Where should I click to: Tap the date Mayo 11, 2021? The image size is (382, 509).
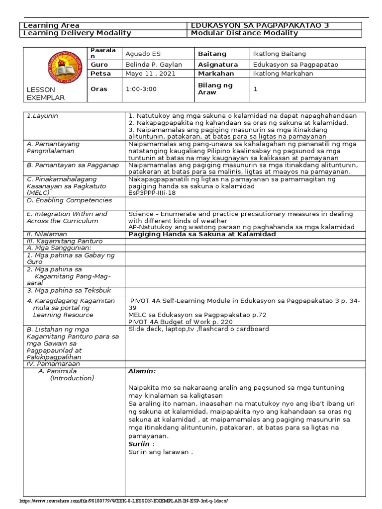144,74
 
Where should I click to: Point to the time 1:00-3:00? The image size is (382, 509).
141,89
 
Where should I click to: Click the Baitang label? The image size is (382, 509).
212,54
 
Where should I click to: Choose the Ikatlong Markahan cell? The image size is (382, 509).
283,74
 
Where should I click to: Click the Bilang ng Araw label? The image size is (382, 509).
216,89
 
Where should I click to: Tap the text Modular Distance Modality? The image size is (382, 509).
244,33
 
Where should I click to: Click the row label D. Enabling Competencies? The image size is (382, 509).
69,200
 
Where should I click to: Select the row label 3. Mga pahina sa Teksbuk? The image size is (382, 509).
69,290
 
